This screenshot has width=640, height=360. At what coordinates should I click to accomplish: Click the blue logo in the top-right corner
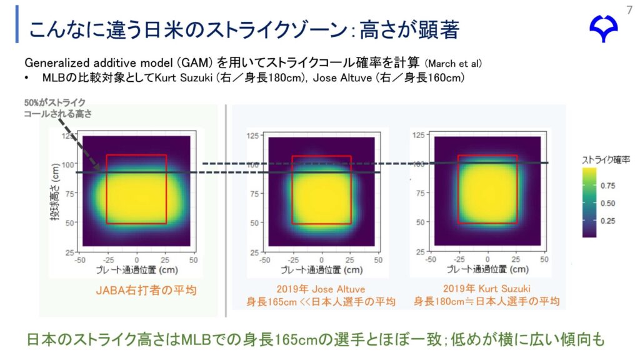[604, 29]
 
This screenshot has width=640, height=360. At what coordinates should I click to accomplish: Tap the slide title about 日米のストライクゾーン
[244, 29]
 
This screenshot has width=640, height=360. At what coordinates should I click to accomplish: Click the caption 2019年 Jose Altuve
[321, 289]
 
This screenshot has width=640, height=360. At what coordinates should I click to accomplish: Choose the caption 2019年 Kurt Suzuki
[486, 289]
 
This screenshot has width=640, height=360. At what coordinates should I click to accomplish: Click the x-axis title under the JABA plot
[136, 270]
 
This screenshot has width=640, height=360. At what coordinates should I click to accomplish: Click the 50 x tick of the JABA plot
[193, 258]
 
